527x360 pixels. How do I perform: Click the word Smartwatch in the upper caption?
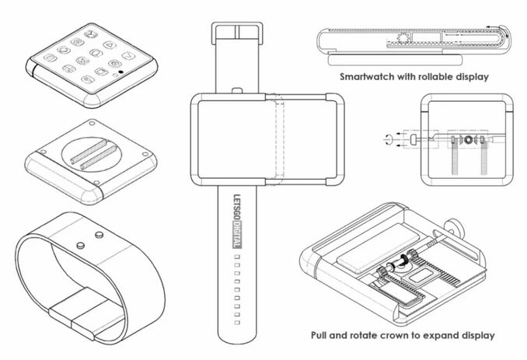[367, 77]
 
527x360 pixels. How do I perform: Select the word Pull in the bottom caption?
[319, 335]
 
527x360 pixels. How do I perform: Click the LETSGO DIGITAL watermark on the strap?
[237, 221]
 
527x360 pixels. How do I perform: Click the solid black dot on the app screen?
[120, 72]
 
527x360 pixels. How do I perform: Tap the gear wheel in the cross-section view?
[403, 38]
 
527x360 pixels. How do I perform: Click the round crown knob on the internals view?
[456, 228]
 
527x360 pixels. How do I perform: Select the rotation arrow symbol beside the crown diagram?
[388, 138]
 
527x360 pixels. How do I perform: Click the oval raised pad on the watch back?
[89, 154]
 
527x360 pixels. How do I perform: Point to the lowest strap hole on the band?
[237, 323]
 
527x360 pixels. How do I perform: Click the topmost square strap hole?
[237, 257]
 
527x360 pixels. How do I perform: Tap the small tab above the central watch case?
[237, 91]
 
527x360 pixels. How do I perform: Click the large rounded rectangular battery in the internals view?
[378, 248]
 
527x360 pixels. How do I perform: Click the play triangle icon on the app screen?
[110, 44]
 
